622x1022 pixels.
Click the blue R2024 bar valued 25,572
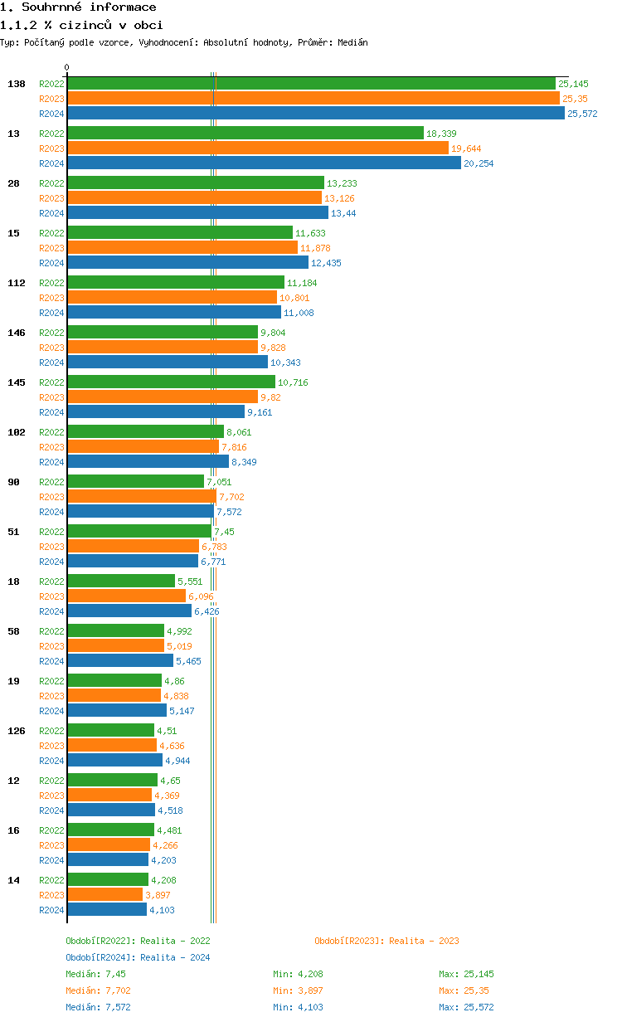coord(315,114)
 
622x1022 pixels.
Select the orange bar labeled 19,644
coord(258,148)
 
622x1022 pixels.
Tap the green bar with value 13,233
coord(196,183)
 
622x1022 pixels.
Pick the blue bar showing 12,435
coord(187,263)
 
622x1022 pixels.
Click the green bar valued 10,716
coord(171,382)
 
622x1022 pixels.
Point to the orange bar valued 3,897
coord(105,895)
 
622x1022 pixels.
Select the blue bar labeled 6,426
coord(129,611)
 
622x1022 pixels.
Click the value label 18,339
coord(441,134)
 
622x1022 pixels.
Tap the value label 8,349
coord(244,462)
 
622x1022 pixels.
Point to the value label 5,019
coord(179,646)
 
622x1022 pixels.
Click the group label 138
coord(17,84)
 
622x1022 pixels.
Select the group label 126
coord(17,731)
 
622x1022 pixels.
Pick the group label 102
coord(17,432)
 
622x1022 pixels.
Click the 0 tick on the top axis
coord(67,68)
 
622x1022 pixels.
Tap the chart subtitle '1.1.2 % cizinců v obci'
coord(81,25)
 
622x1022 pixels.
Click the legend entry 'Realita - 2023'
coord(386,941)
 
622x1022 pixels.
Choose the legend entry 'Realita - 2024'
coord(138,957)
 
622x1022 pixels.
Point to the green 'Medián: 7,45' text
coord(95,974)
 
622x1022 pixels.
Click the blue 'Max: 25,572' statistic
coord(466,1007)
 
